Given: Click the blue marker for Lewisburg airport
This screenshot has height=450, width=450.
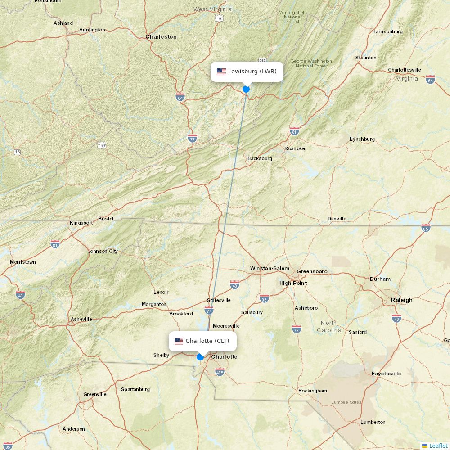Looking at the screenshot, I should click(x=246, y=89).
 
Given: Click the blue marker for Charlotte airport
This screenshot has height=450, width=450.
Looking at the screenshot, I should click(x=200, y=357).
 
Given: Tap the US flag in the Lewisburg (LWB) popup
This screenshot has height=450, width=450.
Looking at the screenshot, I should click(x=221, y=72).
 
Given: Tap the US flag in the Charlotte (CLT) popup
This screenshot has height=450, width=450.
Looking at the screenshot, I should click(x=179, y=341).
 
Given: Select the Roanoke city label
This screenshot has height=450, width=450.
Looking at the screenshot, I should click(x=295, y=148).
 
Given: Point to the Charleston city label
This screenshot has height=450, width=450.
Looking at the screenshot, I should click(x=161, y=36).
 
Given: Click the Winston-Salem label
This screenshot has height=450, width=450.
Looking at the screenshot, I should click(x=270, y=268).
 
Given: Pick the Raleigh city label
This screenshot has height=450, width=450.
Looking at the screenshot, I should click(x=402, y=300).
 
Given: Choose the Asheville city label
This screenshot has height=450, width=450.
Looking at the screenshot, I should click(x=81, y=319).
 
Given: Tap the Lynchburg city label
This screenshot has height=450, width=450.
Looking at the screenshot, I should click(x=362, y=139).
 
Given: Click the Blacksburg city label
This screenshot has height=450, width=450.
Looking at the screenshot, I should click(x=259, y=158).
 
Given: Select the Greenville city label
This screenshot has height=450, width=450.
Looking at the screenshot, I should click(x=95, y=394).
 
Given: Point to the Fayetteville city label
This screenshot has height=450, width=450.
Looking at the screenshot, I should click(x=386, y=373).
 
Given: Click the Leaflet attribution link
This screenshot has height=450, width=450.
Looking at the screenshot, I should click(x=438, y=445).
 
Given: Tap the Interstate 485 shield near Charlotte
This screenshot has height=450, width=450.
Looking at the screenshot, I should click(x=220, y=372).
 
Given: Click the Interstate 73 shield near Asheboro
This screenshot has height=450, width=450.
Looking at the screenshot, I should click(x=297, y=329).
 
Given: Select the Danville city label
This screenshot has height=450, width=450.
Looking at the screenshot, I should click(x=337, y=219).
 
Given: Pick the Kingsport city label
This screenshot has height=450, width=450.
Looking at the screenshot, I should click(x=81, y=223).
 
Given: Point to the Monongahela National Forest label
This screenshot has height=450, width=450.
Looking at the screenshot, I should click(x=293, y=17).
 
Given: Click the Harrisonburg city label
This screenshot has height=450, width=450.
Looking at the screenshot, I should click(x=387, y=31).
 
